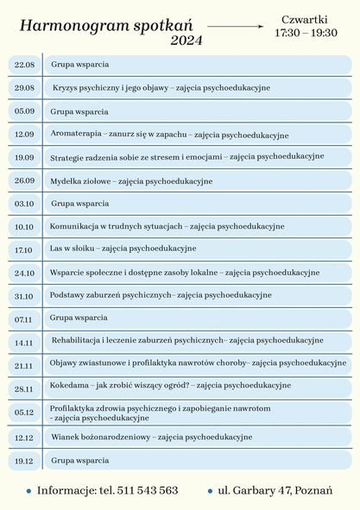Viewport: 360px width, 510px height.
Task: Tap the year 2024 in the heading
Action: tap(186, 41)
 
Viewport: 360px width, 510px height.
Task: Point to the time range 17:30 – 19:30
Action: tap(306, 33)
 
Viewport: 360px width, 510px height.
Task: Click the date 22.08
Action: tap(24, 65)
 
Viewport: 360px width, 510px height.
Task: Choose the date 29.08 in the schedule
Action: tap(24, 88)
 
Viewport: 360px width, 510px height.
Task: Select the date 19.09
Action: tap(24, 158)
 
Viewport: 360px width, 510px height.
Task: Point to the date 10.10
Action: tap(24, 227)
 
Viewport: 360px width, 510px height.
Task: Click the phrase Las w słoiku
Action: tap(73, 249)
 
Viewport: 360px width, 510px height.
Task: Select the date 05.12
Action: tap(24, 412)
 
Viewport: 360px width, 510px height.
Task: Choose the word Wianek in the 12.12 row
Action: tap(66, 438)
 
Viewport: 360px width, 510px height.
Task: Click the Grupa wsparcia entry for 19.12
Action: tap(79, 461)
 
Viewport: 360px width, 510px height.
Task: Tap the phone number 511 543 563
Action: tap(148, 490)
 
